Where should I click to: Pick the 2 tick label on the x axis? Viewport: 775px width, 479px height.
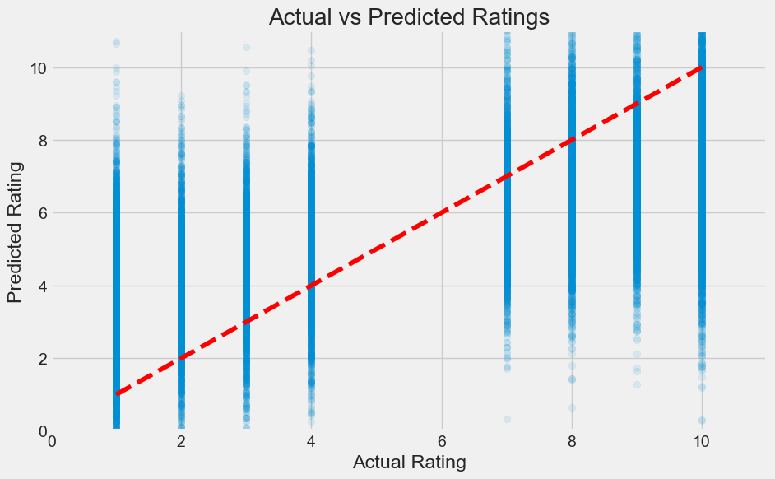pyautogui.click(x=181, y=441)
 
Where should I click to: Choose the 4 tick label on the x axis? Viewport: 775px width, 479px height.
pyautogui.click(x=311, y=441)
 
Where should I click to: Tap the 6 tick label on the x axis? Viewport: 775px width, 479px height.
pyautogui.click(x=442, y=441)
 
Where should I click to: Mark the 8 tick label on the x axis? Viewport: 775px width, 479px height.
pyautogui.click(x=572, y=441)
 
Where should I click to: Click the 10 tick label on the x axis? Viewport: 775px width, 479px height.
pyautogui.click(x=702, y=441)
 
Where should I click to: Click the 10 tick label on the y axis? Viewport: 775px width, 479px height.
pyautogui.click(x=30, y=67)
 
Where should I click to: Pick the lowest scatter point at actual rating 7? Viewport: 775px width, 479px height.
pyautogui.click(x=507, y=419)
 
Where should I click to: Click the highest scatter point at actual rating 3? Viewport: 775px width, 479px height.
pyautogui.click(x=246, y=48)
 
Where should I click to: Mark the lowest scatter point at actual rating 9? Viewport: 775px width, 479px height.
pyautogui.click(x=637, y=384)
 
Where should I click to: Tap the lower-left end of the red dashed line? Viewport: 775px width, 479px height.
pyautogui.click(x=117, y=394)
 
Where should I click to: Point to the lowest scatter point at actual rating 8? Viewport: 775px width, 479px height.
pyautogui.click(x=572, y=407)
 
